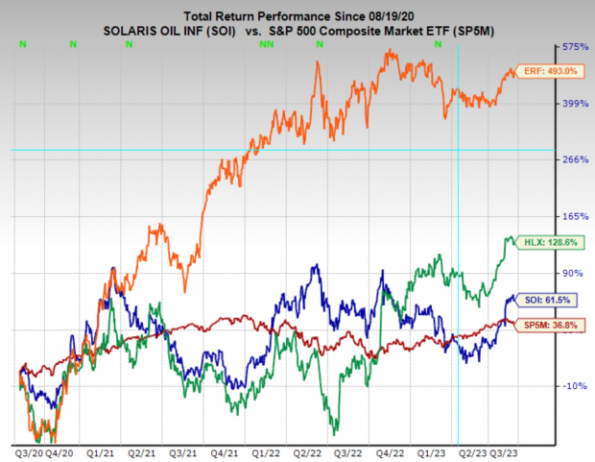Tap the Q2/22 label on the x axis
coord(306,450)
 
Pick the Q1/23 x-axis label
coord(429,450)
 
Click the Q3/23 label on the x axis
coord(506,450)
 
